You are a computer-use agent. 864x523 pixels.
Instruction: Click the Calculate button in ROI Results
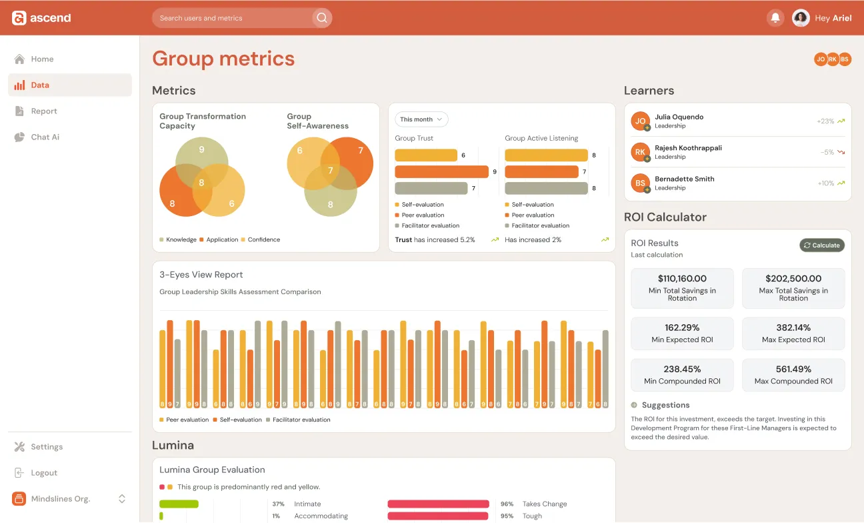click(x=822, y=245)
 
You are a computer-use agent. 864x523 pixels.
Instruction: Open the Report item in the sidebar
click(x=44, y=111)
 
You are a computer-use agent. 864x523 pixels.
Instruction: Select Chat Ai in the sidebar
click(x=45, y=137)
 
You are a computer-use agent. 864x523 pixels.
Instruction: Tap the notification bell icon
click(x=775, y=18)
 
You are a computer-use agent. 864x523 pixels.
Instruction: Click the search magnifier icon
click(x=322, y=18)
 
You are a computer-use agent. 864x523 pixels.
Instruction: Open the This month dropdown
click(x=421, y=119)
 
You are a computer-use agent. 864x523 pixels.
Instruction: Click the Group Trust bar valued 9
click(x=441, y=171)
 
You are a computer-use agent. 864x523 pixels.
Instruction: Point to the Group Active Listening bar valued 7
click(x=541, y=171)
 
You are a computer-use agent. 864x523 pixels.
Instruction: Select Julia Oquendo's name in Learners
click(x=679, y=117)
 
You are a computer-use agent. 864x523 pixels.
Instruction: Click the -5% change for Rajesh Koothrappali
click(x=827, y=152)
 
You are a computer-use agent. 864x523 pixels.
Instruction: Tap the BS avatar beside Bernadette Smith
click(x=640, y=183)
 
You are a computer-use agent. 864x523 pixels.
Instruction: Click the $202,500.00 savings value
click(x=793, y=279)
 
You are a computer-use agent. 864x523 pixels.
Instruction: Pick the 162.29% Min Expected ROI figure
click(x=682, y=328)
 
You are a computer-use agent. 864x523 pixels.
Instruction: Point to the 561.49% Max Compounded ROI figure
click(x=793, y=369)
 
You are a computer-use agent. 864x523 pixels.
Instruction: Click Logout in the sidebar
click(x=44, y=473)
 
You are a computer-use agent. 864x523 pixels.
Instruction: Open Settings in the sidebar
click(x=47, y=447)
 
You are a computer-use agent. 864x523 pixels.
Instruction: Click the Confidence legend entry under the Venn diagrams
click(x=263, y=239)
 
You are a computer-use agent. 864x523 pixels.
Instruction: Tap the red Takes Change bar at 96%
click(x=438, y=504)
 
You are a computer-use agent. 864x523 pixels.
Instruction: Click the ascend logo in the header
click(x=41, y=18)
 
